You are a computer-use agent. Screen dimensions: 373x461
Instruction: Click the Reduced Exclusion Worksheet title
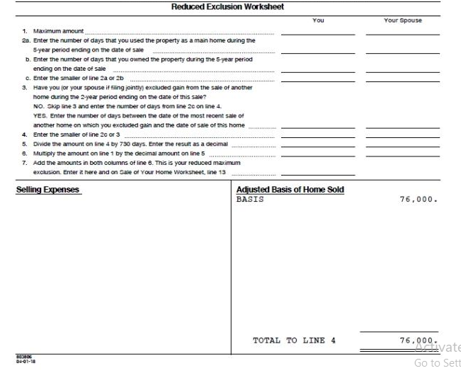tap(227, 7)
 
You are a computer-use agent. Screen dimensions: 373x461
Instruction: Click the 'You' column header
tap(318, 21)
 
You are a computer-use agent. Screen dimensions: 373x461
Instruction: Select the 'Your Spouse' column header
tap(402, 21)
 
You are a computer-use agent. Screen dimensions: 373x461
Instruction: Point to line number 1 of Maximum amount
tap(24, 31)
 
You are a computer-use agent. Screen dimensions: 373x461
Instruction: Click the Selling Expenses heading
tap(47, 190)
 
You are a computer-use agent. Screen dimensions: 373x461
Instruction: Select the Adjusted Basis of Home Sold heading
tap(290, 190)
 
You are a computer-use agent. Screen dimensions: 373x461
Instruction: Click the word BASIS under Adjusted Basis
tap(250, 199)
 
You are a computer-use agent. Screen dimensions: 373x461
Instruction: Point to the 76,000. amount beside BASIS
tap(419, 199)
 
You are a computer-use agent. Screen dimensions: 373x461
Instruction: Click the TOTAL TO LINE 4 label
tap(294, 340)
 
